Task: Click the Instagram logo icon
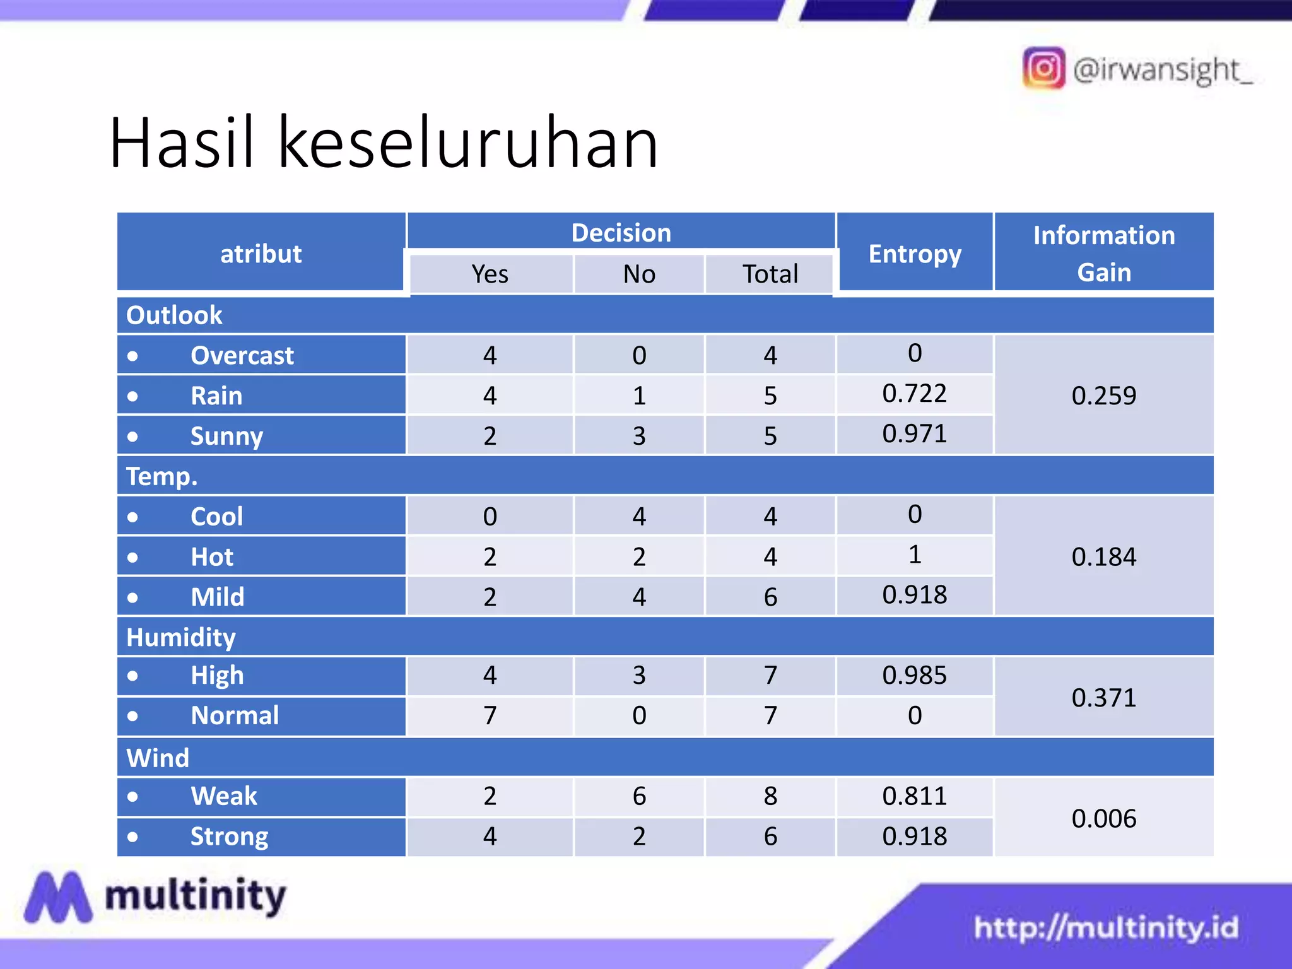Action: [x=1043, y=68]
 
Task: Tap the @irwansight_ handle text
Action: [x=1162, y=69]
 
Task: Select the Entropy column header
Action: [x=915, y=254]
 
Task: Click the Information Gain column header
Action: [x=1103, y=254]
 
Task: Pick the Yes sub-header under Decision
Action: [x=490, y=274]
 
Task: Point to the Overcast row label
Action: [x=242, y=356]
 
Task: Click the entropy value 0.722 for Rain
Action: [x=915, y=394]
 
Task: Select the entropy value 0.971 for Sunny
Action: [x=915, y=434]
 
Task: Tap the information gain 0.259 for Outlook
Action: [x=1103, y=396]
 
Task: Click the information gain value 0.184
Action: [x=1103, y=556]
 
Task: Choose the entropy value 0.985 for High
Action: [x=915, y=676]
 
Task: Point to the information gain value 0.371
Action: [x=1103, y=698]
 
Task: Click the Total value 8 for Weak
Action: [x=770, y=796]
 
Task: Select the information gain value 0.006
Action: [x=1103, y=818]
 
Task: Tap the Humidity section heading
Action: [x=181, y=637]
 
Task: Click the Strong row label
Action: [x=230, y=837]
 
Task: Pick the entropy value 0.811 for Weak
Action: [x=915, y=796]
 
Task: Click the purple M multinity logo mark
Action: [x=57, y=896]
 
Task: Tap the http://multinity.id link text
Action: [x=1106, y=927]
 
